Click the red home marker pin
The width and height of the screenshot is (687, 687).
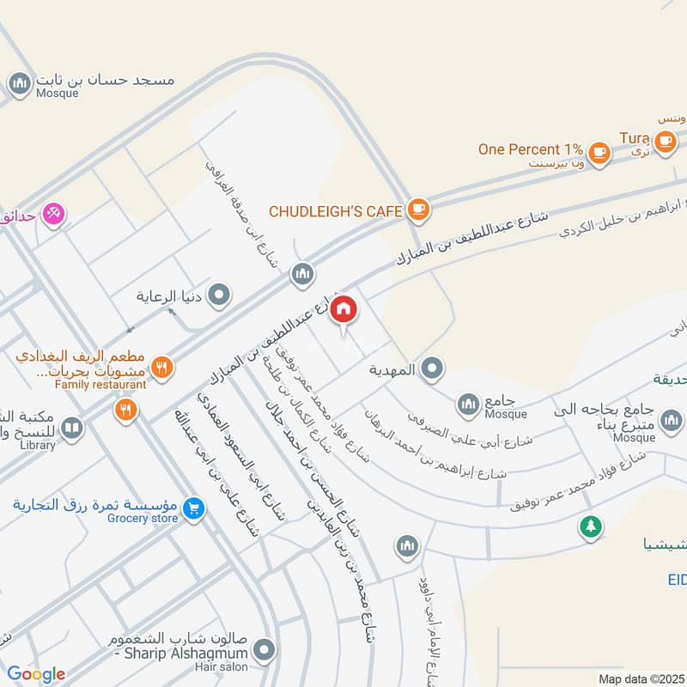[343, 309]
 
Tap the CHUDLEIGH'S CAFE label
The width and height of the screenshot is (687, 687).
[336, 210]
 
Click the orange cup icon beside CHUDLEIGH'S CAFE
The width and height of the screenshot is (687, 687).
[417, 208]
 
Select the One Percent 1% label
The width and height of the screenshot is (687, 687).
[531, 149]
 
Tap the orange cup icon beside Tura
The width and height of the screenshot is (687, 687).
[663, 140]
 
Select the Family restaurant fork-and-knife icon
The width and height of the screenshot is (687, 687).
[160, 368]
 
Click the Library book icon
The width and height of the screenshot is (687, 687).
[73, 427]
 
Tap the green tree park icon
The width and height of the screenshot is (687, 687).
[589, 526]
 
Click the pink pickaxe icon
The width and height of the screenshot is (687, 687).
[53, 214]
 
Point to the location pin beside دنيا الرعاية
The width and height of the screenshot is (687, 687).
[221, 296]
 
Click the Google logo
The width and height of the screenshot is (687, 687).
[35, 674]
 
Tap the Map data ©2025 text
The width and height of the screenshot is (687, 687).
[641, 678]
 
